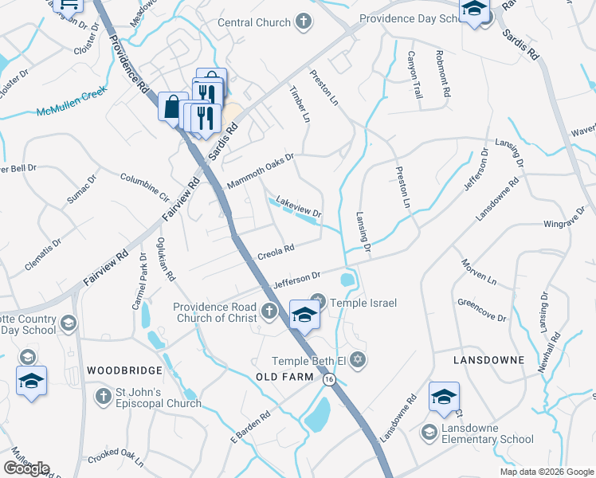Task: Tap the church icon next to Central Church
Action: tap(303, 22)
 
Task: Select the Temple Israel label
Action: tap(363, 303)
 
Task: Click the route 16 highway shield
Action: tap(329, 381)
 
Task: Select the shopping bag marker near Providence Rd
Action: tap(173, 107)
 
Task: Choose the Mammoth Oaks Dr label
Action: tap(261, 171)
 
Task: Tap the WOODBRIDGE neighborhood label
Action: tap(124, 370)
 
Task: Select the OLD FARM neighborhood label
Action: tap(281, 376)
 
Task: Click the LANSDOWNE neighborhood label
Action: tap(488, 360)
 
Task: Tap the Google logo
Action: tap(26, 468)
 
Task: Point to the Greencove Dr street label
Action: tap(481, 310)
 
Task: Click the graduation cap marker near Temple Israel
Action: tap(304, 314)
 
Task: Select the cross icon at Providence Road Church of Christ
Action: tap(269, 310)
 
